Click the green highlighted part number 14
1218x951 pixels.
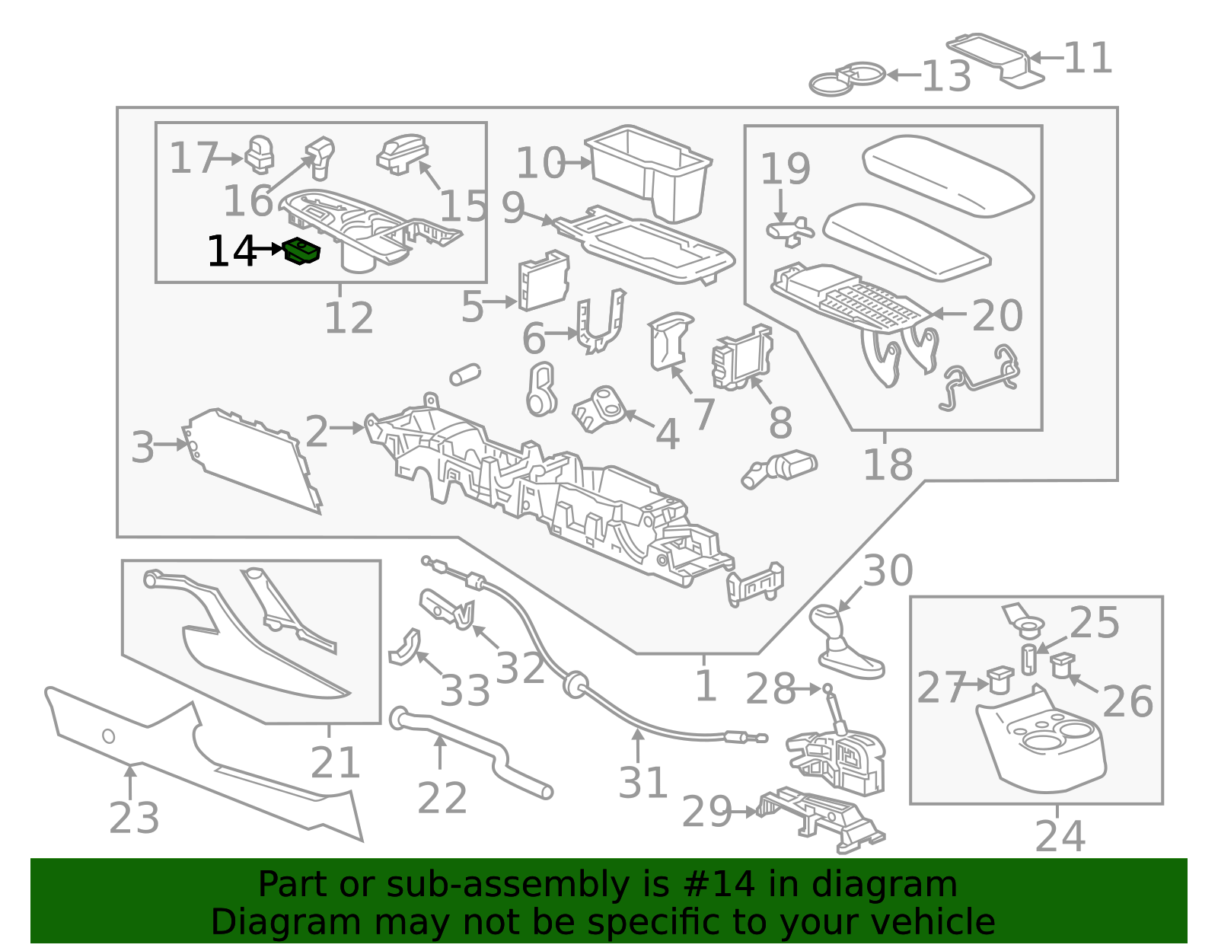(x=301, y=251)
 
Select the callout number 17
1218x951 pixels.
(x=193, y=158)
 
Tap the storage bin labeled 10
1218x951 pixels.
(x=649, y=171)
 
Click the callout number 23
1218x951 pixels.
(x=135, y=818)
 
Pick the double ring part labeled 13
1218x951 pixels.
(x=847, y=78)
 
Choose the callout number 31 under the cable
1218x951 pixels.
(x=643, y=782)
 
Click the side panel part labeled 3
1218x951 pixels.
(x=252, y=461)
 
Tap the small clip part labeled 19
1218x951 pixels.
(x=789, y=231)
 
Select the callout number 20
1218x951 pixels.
(x=997, y=315)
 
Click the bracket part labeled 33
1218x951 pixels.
(x=405, y=648)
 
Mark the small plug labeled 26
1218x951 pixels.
(x=1062, y=665)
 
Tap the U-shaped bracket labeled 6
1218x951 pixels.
(x=601, y=321)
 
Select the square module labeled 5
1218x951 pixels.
(x=544, y=279)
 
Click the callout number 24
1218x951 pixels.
(x=1060, y=836)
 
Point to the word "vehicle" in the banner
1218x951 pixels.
(x=926, y=922)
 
